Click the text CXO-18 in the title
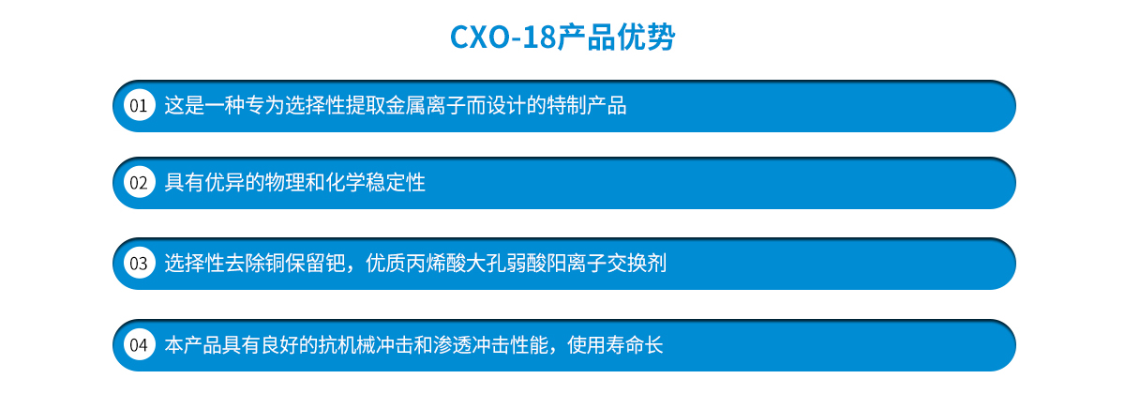(x=503, y=38)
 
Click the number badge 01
(x=139, y=105)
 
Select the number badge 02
(x=139, y=182)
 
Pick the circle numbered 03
(x=139, y=264)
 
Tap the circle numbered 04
(x=139, y=345)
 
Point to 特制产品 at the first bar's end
(x=587, y=105)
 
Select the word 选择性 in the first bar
(x=315, y=105)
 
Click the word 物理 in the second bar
(x=285, y=182)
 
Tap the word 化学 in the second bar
(x=346, y=182)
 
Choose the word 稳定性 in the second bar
(x=396, y=182)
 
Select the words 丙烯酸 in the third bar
(x=436, y=264)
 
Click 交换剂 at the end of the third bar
(x=637, y=264)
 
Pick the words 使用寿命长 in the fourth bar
(x=615, y=345)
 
